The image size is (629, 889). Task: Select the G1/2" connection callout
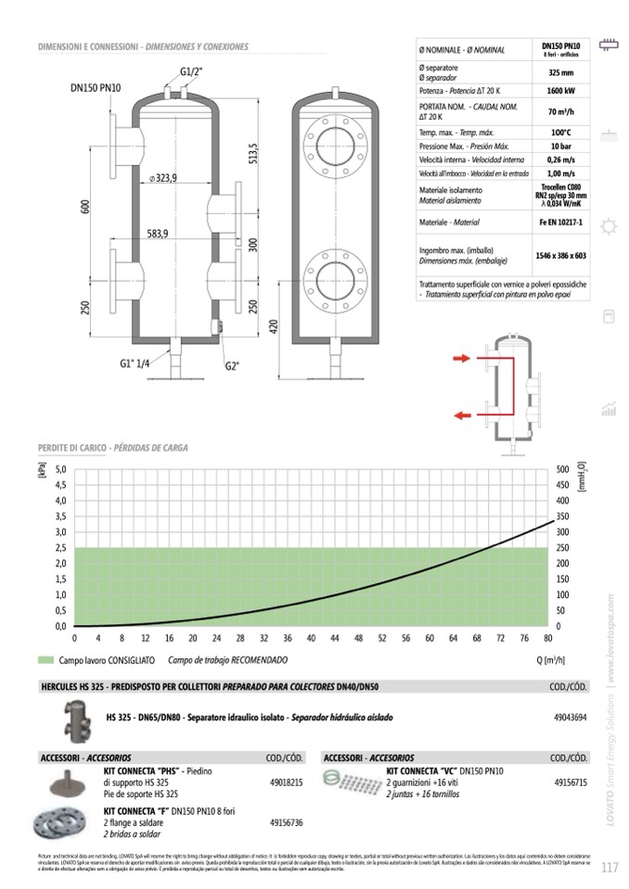point(190,71)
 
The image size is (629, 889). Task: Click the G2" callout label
point(232,365)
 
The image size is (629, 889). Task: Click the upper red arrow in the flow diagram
point(461,358)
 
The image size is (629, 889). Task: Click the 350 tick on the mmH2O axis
point(562,516)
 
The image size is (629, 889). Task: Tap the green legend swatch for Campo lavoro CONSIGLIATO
point(45,661)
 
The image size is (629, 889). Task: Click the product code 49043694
point(570,718)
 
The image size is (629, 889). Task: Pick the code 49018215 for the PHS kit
point(286,782)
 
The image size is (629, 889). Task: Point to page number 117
point(609,868)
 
